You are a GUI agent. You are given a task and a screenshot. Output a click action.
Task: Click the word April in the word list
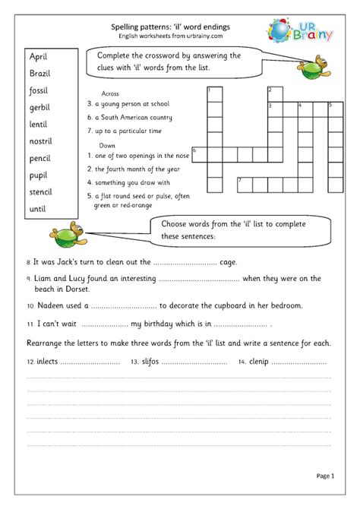click(x=39, y=57)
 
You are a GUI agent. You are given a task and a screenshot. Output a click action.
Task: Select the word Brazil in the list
click(x=40, y=74)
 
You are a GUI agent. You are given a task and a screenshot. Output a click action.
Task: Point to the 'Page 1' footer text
click(x=325, y=476)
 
